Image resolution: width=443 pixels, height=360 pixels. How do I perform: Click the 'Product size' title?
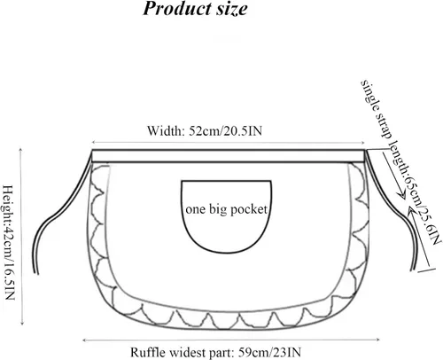click(195, 9)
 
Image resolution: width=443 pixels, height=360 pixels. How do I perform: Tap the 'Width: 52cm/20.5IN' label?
click(205, 130)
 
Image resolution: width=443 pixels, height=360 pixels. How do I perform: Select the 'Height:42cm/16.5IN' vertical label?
click(8, 242)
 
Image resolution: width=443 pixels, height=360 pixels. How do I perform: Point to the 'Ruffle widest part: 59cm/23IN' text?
click(216, 352)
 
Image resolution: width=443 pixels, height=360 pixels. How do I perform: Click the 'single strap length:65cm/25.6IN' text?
click(400, 162)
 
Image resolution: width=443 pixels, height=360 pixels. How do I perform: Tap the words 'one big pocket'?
click(226, 209)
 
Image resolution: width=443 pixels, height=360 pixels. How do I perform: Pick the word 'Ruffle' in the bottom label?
click(148, 352)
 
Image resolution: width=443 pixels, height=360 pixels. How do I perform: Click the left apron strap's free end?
click(37, 273)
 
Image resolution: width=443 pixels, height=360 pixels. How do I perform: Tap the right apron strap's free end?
click(413, 269)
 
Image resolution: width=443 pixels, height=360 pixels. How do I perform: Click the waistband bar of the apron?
click(229, 156)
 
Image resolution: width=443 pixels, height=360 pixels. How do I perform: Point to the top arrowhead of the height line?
click(20, 149)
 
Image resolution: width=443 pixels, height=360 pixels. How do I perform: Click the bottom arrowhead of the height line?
click(22, 323)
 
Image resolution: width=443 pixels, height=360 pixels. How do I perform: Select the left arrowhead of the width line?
click(93, 143)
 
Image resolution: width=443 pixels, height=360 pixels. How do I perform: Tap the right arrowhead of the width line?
click(363, 143)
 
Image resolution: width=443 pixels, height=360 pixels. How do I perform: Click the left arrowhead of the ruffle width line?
click(85, 340)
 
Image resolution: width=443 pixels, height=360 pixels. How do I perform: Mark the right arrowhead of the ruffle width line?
click(377, 340)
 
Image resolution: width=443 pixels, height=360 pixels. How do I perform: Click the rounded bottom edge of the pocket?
click(227, 253)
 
